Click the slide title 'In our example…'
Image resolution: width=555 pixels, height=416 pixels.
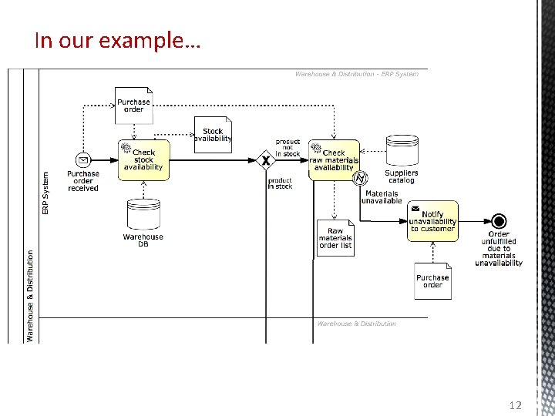point(117,40)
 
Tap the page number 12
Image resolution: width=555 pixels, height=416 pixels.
point(516,405)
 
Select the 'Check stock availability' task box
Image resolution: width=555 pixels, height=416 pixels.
point(143,160)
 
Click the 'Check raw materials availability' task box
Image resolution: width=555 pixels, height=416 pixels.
point(334,160)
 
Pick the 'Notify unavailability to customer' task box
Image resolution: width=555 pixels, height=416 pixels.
point(432,221)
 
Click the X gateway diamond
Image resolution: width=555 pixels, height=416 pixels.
point(266,160)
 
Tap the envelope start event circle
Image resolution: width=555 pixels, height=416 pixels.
point(83,160)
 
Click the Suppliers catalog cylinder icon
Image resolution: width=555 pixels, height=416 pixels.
point(401,151)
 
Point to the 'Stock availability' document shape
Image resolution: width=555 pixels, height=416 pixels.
point(213,135)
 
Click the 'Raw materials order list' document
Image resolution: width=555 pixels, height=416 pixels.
point(335,238)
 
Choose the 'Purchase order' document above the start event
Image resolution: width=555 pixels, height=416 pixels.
point(134,106)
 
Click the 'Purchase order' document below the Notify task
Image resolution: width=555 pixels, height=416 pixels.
point(432,281)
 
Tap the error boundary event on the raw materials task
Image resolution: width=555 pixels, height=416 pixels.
point(359,179)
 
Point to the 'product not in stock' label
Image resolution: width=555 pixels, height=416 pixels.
point(288,148)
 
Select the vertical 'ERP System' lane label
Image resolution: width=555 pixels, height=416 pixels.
point(45,192)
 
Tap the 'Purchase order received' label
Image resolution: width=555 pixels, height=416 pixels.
point(83,181)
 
